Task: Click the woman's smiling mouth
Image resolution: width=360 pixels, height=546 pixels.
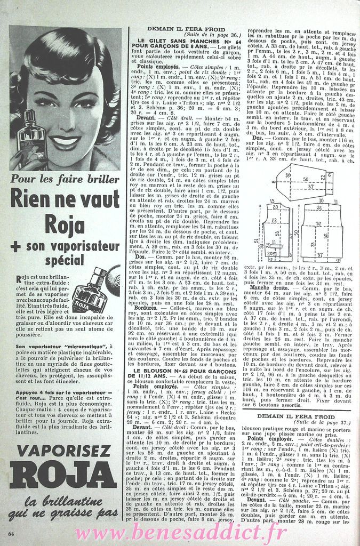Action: click(x=65, y=142)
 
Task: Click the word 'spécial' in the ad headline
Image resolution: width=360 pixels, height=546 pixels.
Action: click(x=65, y=261)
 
